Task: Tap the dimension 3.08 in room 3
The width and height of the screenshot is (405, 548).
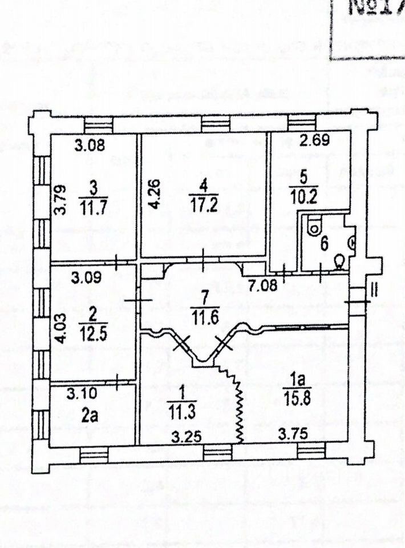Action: click(x=91, y=145)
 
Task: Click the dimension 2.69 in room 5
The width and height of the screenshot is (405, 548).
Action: click(x=315, y=139)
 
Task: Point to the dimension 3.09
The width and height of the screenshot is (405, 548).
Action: click(x=91, y=280)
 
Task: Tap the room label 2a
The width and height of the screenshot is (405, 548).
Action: click(x=89, y=415)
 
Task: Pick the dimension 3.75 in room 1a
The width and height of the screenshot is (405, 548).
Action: click(x=293, y=434)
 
